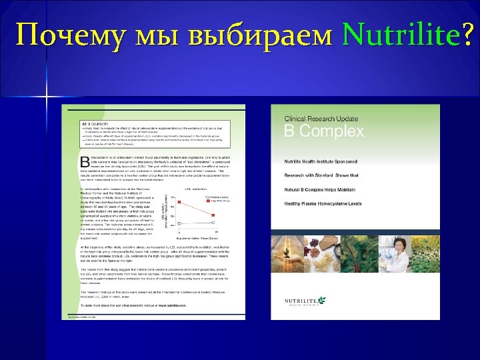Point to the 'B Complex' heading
click(324, 131)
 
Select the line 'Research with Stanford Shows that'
click(322, 175)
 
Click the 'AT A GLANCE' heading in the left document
click(95, 124)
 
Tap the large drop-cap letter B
click(85, 162)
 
